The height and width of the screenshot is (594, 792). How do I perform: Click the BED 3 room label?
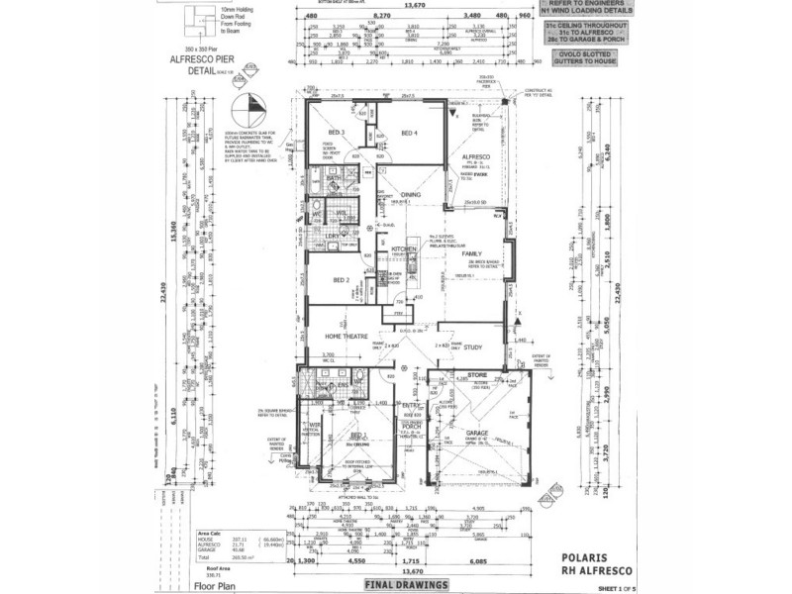coord(337,133)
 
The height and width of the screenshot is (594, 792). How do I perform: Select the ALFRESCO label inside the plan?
coord(479,157)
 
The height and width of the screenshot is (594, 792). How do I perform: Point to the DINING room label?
coord(411,195)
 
